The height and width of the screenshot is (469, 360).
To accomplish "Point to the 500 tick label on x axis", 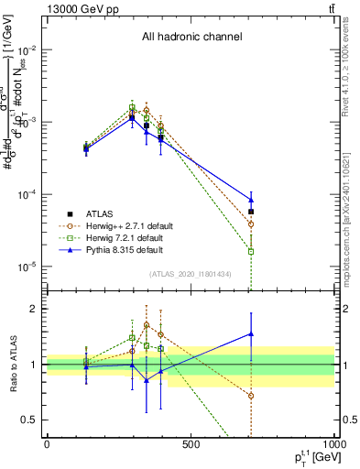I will pos(191,444).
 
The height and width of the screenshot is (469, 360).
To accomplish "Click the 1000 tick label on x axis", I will pos(333,444).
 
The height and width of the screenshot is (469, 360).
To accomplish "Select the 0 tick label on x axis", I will pos(47,444).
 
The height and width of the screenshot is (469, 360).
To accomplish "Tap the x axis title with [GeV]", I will pos(310,457).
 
